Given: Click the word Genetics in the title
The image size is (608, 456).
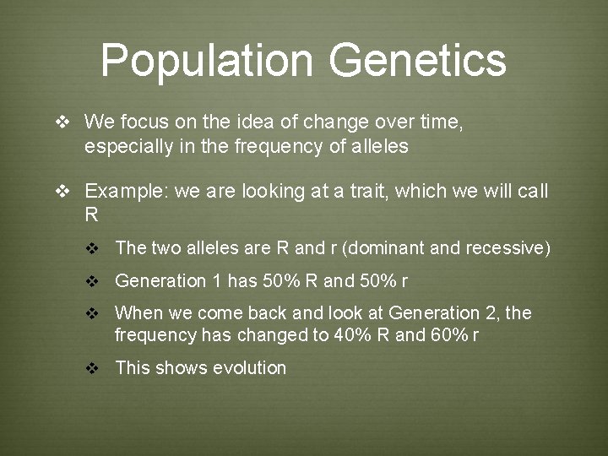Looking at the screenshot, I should [418, 60].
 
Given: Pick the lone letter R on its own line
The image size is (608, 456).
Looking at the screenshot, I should [91, 215].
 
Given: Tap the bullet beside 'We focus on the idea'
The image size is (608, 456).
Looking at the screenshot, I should [62, 122].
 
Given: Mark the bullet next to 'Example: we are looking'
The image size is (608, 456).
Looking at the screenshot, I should [62, 192].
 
